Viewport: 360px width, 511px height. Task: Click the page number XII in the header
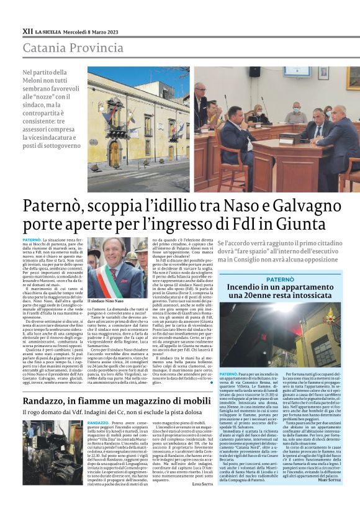(27, 30)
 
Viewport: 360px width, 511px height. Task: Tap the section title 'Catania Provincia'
(72, 47)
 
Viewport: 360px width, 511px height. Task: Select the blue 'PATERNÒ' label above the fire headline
(280, 279)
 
